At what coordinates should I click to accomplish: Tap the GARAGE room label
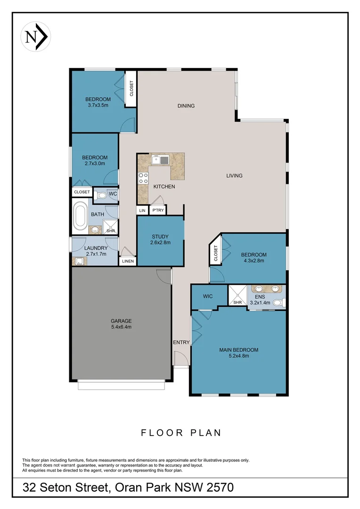coord(121,321)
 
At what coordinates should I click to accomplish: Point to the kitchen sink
coord(160,160)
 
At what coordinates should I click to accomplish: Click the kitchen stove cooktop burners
coord(143,178)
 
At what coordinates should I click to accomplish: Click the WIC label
coord(208,296)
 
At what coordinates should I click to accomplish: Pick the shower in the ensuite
coord(237,296)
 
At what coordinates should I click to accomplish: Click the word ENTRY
coord(181,342)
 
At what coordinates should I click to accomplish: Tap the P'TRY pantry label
coord(158,211)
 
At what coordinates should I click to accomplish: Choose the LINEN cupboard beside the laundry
coord(128,261)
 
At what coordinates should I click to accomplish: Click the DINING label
coord(186,106)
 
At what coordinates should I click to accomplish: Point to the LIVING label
coord(234,176)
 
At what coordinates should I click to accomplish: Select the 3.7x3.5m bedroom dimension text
coord(98,105)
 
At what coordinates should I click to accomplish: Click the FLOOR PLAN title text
coord(181,433)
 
